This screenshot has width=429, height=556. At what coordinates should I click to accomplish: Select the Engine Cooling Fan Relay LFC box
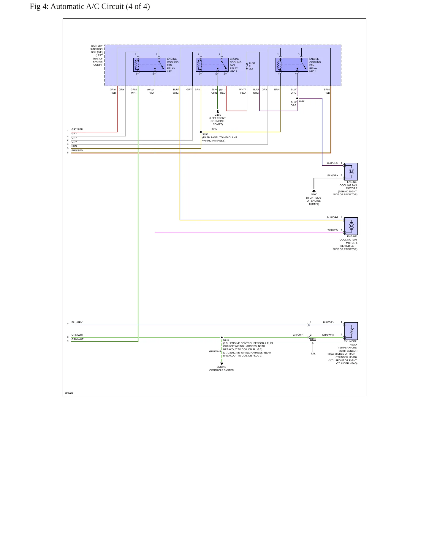[150, 65]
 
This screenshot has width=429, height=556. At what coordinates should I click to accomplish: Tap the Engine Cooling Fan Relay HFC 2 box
[212, 65]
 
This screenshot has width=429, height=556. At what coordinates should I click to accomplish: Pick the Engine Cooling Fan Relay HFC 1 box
[292, 65]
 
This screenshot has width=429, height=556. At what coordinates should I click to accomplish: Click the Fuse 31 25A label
[252, 66]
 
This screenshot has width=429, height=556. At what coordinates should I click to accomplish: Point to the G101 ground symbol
[218, 111]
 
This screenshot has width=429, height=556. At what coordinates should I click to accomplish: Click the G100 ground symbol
[314, 191]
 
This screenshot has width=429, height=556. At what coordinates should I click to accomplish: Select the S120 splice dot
[297, 98]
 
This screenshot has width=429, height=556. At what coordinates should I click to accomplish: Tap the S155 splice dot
[201, 132]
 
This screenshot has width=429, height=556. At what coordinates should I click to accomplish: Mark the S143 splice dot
[222, 337]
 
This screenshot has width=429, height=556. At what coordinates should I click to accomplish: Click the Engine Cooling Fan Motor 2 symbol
[351, 172]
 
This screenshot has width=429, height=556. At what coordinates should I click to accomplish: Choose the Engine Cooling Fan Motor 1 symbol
[351, 226]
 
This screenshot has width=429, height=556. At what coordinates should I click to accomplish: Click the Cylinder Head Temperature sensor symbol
[351, 331]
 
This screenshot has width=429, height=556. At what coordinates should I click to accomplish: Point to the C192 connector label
[313, 339]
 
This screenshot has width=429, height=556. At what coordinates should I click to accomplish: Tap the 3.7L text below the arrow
[313, 354]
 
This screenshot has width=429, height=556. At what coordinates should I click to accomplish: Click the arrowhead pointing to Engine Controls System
[222, 364]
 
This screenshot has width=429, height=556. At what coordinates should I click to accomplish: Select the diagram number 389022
[69, 393]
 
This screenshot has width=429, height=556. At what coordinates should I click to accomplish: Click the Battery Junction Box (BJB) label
[97, 55]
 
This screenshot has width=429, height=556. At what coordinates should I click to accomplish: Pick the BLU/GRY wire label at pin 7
[77, 322]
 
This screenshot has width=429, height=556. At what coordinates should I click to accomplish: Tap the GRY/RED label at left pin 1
[77, 129]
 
